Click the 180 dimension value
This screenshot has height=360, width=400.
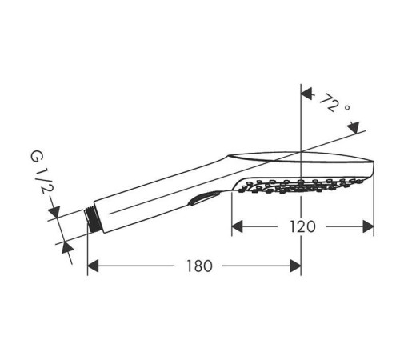(193, 266)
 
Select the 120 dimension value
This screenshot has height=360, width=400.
(302, 226)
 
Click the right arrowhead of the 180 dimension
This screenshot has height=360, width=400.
(295, 266)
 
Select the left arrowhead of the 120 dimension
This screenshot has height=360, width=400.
(238, 226)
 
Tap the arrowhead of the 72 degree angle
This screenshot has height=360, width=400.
(306, 92)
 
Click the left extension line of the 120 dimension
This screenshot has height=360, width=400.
(232, 212)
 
